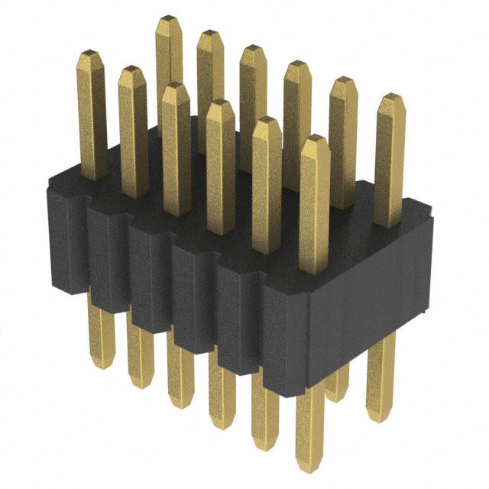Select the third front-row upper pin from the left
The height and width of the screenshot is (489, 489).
tap(176, 145)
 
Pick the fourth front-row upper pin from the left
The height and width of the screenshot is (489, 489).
tap(220, 164)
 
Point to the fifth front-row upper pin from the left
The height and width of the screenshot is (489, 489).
tap(266, 183)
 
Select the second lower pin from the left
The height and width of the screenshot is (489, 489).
tap(139, 355)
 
